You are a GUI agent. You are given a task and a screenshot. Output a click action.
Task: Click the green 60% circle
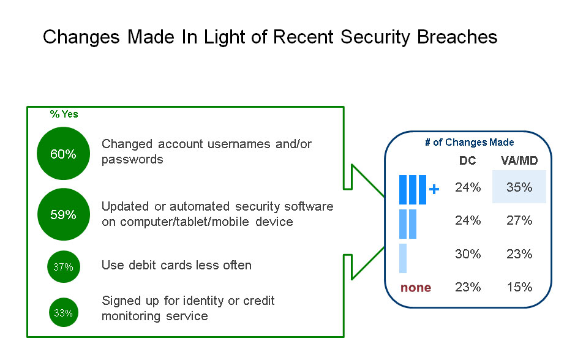(63, 154)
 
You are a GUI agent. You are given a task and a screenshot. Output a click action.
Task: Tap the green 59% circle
(63, 215)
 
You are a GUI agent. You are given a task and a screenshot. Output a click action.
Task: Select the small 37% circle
(63, 266)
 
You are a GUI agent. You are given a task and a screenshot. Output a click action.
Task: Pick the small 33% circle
(63, 313)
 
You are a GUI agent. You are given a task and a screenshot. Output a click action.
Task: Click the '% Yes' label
(64, 114)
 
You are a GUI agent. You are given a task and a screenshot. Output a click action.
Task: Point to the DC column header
(467, 160)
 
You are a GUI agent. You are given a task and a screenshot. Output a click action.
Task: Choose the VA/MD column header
(519, 160)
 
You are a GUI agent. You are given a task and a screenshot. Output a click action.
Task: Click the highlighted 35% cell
(519, 187)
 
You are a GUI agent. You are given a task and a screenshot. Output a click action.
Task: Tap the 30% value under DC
(468, 253)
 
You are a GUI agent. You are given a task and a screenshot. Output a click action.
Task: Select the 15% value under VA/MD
(519, 287)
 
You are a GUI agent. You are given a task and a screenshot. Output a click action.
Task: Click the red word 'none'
(416, 287)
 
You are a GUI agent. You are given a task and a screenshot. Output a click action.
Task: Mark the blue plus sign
(434, 190)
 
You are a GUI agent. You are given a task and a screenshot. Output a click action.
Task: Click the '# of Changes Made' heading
(470, 143)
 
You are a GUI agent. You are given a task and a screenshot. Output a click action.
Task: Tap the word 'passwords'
(132, 159)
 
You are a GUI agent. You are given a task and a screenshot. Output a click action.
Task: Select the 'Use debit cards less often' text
(176, 265)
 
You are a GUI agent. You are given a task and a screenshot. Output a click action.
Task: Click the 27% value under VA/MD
(519, 220)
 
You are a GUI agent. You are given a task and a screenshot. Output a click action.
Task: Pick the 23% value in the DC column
(468, 287)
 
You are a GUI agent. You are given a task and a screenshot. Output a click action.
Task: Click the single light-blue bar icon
(403, 258)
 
